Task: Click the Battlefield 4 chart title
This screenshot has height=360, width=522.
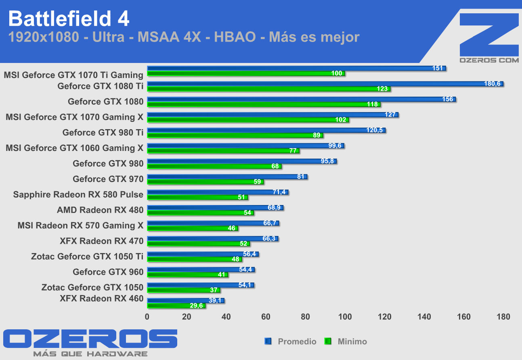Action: [x=69, y=19]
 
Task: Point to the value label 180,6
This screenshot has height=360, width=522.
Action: [x=492, y=84]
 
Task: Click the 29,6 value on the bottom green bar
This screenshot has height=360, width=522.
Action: [x=196, y=306]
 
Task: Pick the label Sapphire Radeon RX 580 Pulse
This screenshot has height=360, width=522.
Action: [x=78, y=195]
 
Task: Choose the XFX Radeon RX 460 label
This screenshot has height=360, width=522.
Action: [x=101, y=298]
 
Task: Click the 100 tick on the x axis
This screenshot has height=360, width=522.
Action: [x=345, y=317]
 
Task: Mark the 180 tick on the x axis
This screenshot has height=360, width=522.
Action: [x=503, y=317]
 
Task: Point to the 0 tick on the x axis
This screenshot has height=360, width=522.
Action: [x=147, y=317]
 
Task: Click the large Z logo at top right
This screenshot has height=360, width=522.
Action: [x=489, y=34]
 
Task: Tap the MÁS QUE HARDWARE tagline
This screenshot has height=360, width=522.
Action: [x=90, y=354]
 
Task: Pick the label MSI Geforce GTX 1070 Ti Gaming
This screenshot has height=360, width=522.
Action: [x=73, y=75]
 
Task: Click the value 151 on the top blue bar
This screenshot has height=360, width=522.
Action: [x=438, y=68]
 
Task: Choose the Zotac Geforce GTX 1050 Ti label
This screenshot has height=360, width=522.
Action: [x=87, y=256]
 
